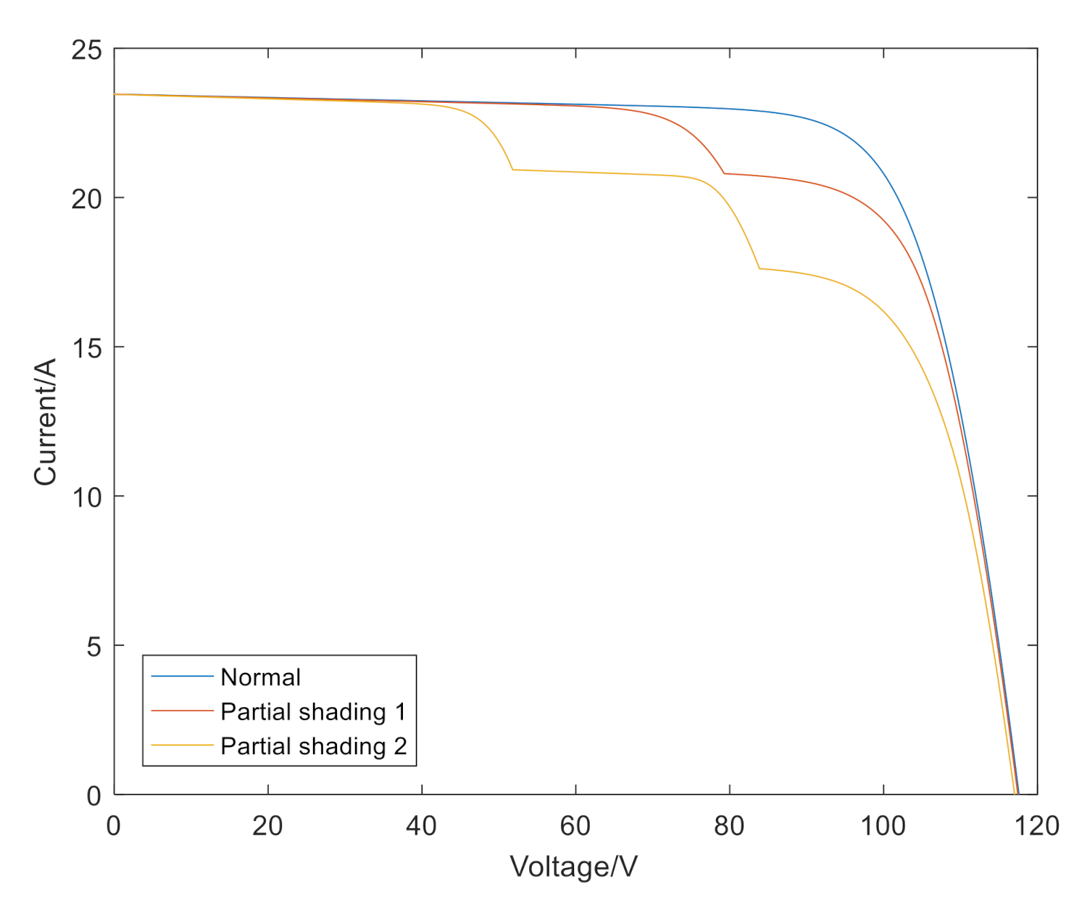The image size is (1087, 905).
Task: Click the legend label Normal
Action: tap(260, 677)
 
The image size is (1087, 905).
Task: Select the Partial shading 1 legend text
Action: tap(313, 712)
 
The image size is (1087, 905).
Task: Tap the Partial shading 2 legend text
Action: tap(313, 746)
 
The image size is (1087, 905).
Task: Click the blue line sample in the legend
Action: tap(182, 677)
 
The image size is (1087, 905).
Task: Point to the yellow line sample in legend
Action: tap(182, 746)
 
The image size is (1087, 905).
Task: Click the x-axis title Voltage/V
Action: tap(573, 867)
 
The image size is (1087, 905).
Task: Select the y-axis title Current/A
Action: tap(45, 421)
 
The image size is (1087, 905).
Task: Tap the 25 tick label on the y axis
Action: tap(86, 50)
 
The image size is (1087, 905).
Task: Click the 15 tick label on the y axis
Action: tap(86, 347)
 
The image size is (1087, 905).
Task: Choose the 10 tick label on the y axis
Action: tap(86, 497)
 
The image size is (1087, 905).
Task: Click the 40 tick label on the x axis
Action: tap(421, 826)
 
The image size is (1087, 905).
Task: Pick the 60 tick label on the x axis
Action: tap(575, 826)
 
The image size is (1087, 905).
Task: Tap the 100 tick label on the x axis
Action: tap(883, 826)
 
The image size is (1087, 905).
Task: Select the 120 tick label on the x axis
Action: tap(1037, 826)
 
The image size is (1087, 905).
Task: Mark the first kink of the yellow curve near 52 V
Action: tap(513, 170)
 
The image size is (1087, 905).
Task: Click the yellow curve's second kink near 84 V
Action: tap(759, 269)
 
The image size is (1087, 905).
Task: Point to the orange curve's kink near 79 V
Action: tap(724, 174)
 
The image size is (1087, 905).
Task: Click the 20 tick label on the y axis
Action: tap(86, 199)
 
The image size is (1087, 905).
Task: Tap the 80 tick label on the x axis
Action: tap(729, 826)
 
